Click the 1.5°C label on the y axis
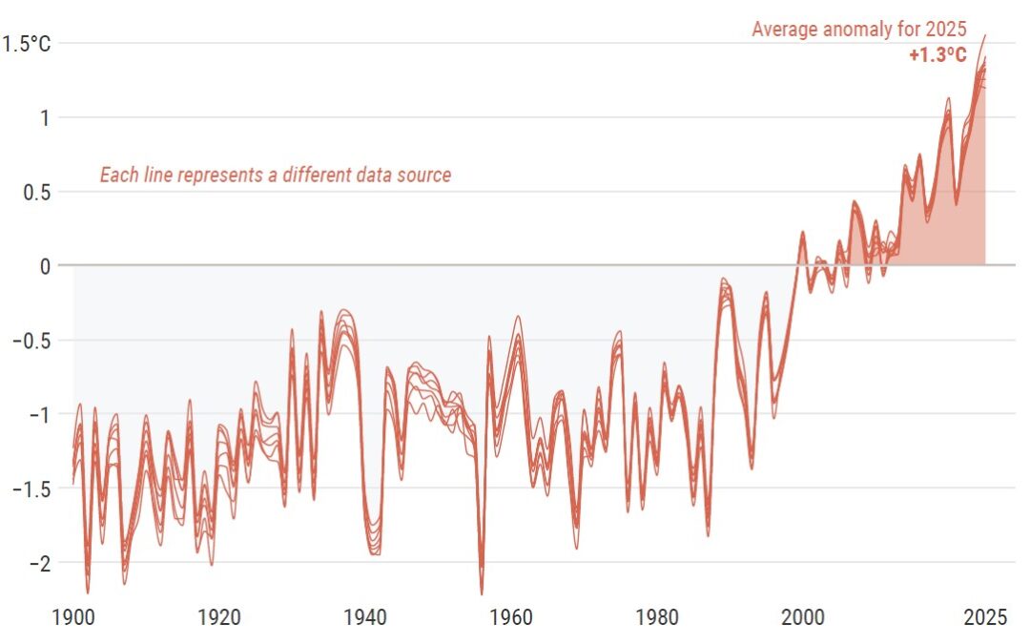pyautogui.click(x=28, y=43)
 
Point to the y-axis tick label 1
pyautogui.click(x=44, y=117)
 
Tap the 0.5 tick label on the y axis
pyautogui.click(x=35, y=192)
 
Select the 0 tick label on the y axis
pyautogui.click(x=44, y=265)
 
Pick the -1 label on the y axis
pyautogui.click(x=38, y=414)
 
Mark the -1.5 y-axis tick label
pyautogui.click(x=31, y=488)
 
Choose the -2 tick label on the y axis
pyautogui.click(x=38, y=563)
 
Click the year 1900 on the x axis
pyautogui.click(x=74, y=617)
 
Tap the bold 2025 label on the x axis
pyautogui.click(x=983, y=617)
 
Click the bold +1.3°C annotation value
pyautogui.click(x=937, y=55)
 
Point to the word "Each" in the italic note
pyautogui.click(x=118, y=176)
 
